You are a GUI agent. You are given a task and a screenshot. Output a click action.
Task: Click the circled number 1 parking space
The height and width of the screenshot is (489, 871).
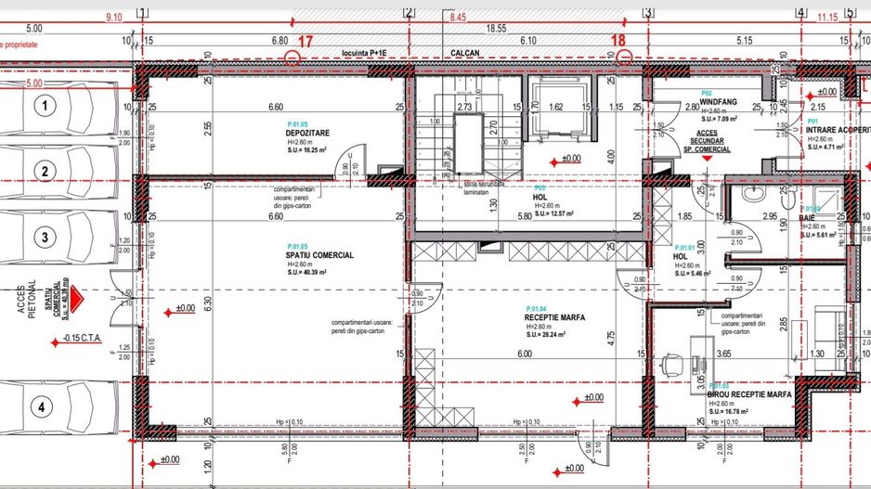pyautogui.click(x=42, y=108)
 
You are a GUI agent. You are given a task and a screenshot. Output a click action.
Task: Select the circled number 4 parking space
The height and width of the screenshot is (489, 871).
pyautogui.click(x=42, y=405)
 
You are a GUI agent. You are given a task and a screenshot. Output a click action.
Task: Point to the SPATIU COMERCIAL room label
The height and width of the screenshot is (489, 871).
pyautogui.click(x=319, y=255)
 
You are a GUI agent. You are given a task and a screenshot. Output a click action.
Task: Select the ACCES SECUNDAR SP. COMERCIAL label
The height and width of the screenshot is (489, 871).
pyautogui.click(x=708, y=140)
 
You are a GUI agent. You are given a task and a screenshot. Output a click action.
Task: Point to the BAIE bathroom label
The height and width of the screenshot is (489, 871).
pyautogui.click(x=809, y=218)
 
